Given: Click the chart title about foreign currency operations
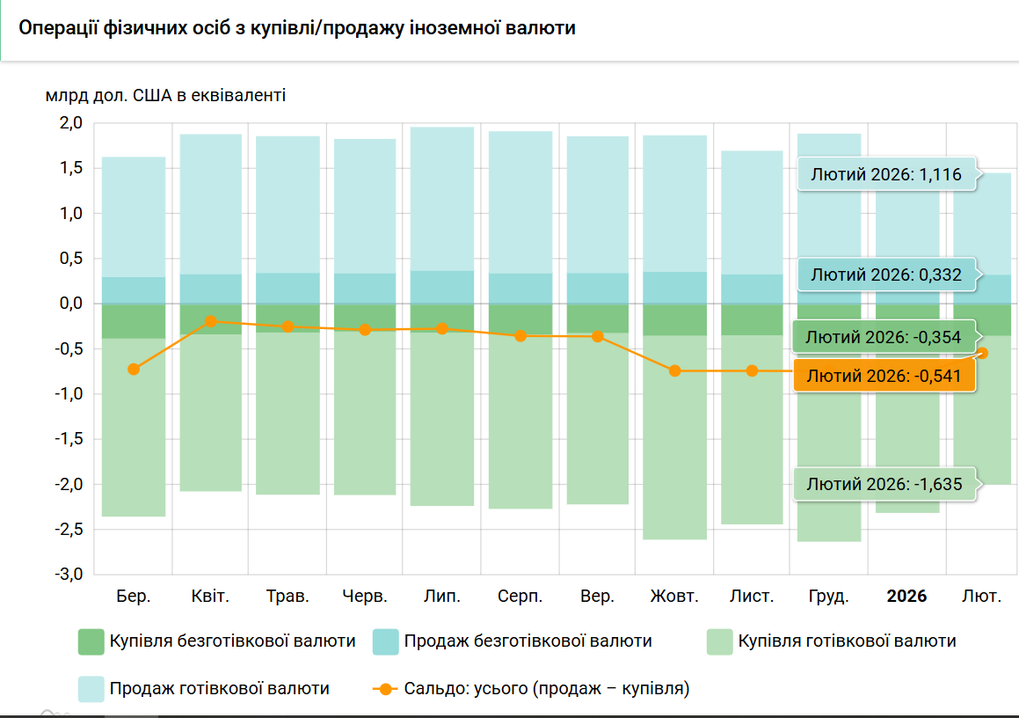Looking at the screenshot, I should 297,28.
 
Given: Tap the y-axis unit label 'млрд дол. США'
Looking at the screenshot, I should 165,95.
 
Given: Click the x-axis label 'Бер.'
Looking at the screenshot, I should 134,597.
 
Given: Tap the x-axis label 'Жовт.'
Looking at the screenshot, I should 674,597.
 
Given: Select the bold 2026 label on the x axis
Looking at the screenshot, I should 906,597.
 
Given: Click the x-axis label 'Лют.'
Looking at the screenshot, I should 981,597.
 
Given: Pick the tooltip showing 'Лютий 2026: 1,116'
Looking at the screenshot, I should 886,174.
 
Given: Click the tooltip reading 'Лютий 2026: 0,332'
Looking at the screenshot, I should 886,275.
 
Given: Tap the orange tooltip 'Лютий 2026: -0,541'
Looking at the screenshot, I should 884,376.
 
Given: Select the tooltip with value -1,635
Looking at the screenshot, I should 884,484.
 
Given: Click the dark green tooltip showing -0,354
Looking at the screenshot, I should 884,337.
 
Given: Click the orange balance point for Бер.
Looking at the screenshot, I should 134,369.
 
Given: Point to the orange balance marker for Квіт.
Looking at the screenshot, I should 211,321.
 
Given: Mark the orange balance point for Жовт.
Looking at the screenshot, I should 674,370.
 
